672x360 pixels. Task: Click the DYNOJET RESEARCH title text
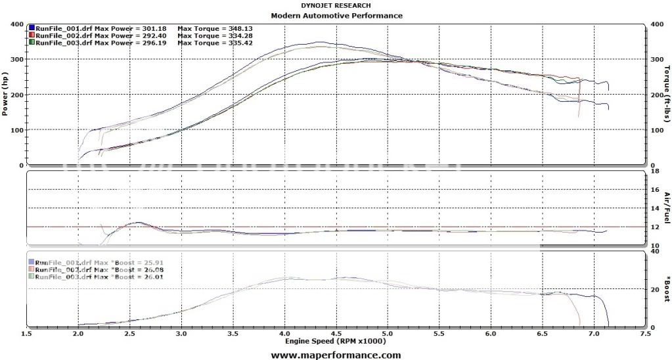[x=336, y=6]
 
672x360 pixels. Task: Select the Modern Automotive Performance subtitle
[x=336, y=15]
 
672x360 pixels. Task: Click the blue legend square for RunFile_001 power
[x=32, y=28]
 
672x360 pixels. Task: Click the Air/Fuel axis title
[x=666, y=208]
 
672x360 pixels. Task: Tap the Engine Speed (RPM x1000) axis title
[x=336, y=341]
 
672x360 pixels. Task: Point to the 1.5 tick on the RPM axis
[x=27, y=334]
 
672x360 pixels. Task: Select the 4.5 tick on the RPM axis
[x=336, y=334]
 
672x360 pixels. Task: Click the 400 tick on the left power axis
[x=18, y=25]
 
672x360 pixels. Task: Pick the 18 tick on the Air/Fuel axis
[x=654, y=171]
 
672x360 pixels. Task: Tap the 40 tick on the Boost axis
[x=654, y=251]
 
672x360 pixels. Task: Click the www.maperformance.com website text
[x=336, y=355]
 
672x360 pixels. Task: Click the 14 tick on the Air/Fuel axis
[x=654, y=209]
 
